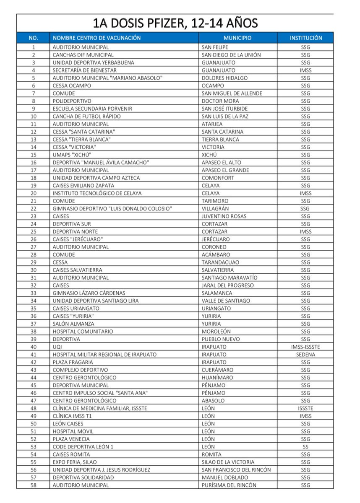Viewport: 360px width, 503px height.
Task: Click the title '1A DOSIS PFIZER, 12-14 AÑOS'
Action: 175,23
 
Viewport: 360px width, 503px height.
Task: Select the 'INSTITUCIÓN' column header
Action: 306,38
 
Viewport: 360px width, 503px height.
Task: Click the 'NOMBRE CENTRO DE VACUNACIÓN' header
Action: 97,38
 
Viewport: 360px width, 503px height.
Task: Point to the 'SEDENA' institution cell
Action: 305,355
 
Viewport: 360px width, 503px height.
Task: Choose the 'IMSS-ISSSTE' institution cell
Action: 305,347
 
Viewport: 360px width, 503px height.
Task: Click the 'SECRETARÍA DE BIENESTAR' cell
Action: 84,70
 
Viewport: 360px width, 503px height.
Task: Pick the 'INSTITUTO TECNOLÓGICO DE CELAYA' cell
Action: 97,193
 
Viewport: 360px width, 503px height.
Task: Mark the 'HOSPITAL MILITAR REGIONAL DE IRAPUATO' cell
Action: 104,355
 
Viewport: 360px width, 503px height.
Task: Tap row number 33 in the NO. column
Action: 33,293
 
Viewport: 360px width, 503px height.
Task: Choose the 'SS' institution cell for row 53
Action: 305,447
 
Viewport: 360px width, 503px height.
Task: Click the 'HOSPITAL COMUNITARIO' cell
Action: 83,332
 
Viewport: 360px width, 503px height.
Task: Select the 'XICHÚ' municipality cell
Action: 209,155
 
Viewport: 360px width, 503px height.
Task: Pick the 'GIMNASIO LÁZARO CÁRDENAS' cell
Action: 89,293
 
